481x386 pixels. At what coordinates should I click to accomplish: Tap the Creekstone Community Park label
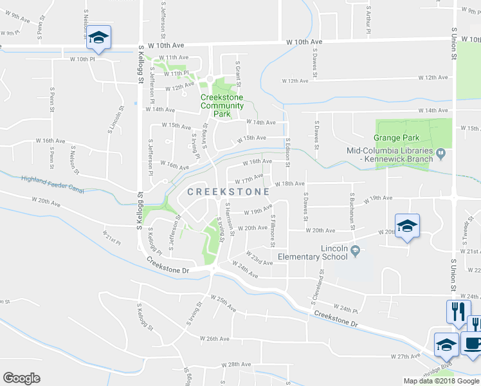point(222,106)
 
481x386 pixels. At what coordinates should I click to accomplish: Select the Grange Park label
point(397,138)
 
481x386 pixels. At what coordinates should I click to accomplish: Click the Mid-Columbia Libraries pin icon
point(440,153)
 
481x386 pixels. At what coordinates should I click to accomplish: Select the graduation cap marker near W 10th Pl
point(98,38)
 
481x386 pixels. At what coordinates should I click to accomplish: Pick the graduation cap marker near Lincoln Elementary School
point(407,226)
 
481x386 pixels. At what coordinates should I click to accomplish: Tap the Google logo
point(21,378)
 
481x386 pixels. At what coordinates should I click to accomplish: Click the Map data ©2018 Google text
point(441,381)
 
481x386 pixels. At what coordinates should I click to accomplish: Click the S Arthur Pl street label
point(368,21)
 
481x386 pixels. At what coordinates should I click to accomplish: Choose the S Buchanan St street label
point(353,208)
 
